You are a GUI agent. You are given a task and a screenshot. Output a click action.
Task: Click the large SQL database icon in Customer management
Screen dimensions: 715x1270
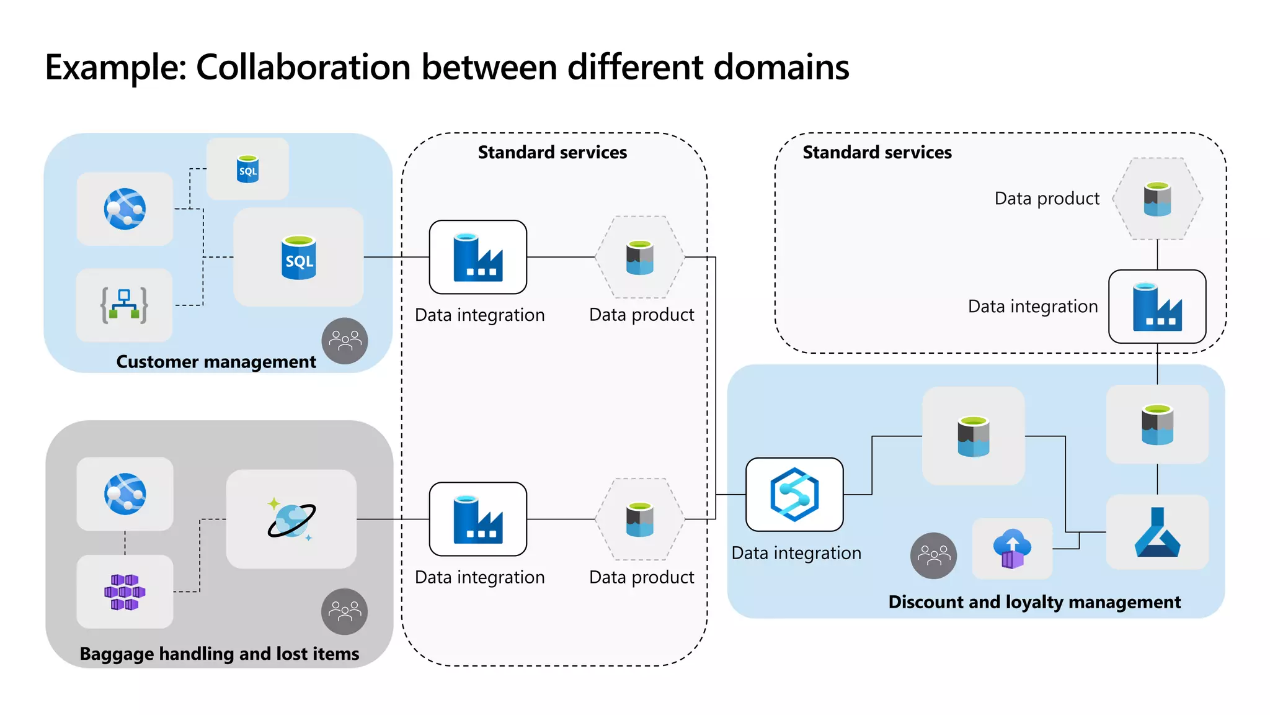coord(299,258)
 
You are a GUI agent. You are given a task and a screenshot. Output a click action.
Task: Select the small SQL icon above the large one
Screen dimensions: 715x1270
coord(247,169)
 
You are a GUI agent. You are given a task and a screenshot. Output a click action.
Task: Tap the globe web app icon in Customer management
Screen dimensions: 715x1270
coord(125,209)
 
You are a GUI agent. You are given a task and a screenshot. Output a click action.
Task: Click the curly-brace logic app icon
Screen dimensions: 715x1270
coord(124,305)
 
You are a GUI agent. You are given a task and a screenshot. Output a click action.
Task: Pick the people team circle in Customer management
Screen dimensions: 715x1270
coord(345,341)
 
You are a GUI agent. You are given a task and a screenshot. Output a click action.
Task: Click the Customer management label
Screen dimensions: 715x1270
coord(216,362)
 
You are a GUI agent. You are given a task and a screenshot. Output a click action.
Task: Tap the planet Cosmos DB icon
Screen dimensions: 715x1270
coord(291,519)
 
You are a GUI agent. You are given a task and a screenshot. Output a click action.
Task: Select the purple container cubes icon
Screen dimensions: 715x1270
coord(125,591)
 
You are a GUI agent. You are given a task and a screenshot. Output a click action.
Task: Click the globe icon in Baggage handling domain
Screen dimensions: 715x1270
coord(125,494)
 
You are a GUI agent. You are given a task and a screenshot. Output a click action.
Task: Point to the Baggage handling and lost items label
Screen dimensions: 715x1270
coord(220,654)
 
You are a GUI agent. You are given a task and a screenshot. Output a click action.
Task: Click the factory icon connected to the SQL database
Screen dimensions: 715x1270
coord(477,257)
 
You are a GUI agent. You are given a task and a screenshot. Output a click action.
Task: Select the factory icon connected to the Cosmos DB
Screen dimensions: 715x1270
coord(477,519)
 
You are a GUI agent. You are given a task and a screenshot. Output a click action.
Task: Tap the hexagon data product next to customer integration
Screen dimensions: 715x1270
coord(640,257)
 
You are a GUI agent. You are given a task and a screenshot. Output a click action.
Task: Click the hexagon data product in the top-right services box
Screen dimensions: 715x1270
coord(1157,199)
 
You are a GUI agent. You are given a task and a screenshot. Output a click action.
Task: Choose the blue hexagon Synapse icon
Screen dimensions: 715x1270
coord(794,495)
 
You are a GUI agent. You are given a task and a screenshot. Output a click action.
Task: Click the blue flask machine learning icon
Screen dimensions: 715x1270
coord(1157,533)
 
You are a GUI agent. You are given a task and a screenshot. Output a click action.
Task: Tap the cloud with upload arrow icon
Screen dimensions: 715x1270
coord(1012,549)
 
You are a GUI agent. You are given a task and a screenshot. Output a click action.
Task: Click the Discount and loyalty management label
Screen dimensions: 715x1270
coord(1034,602)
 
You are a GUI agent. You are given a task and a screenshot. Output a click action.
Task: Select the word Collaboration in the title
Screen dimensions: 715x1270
coord(303,67)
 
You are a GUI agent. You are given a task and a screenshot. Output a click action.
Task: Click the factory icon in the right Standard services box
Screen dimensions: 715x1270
coord(1157,307)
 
